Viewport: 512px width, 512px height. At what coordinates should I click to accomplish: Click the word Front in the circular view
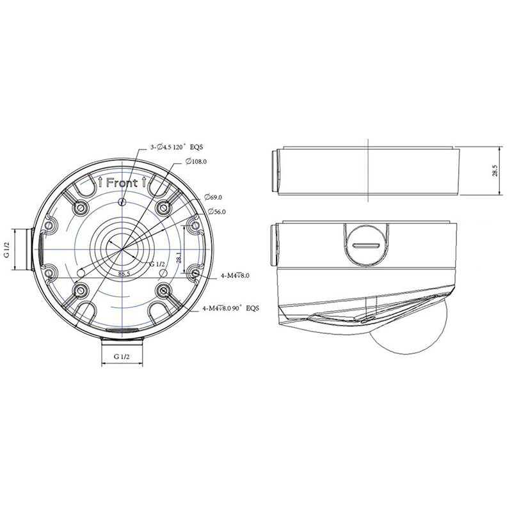122,182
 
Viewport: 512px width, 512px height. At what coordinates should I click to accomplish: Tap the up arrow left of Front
100,182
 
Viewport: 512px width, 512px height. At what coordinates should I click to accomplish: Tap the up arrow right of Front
146,182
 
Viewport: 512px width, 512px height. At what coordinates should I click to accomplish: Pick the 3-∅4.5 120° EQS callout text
176,147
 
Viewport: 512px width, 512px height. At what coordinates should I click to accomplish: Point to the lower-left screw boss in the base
80,291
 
